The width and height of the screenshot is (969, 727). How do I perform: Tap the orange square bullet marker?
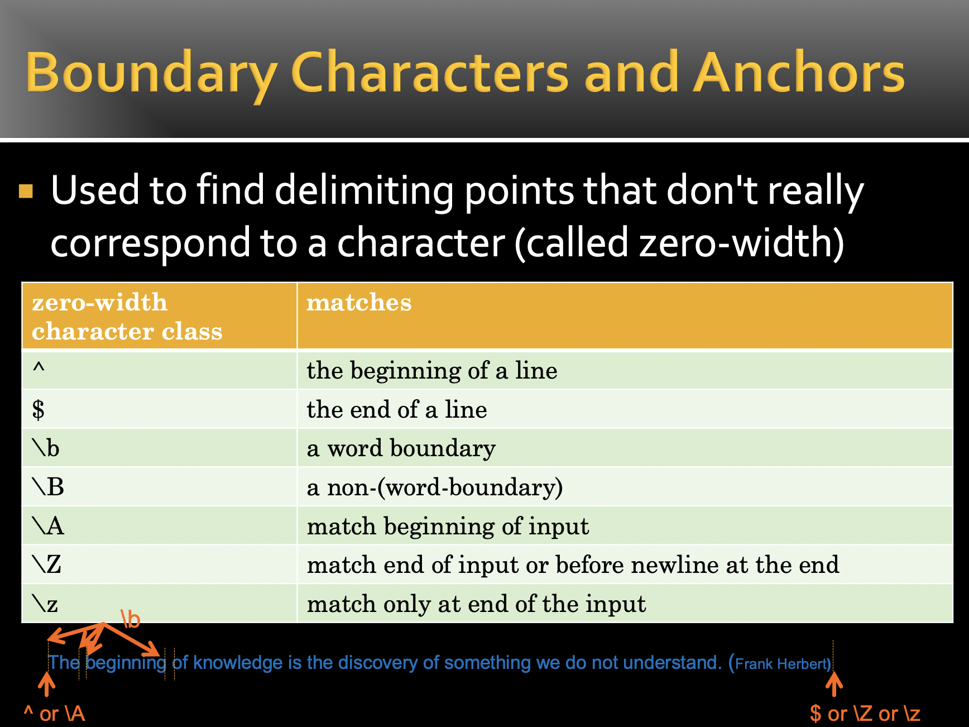click(x=26, y=192)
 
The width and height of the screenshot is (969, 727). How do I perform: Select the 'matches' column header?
click(x=625, y=316)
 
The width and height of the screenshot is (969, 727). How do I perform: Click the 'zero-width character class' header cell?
click(x=159, y=316)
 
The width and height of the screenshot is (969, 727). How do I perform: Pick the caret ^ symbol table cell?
click(x=159, y=370)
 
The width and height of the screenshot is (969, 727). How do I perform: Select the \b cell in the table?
click(x=159, y=448)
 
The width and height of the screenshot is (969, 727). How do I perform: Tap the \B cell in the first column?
click(x=159, y=487)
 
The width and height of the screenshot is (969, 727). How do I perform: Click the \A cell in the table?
click(x=159, y=525)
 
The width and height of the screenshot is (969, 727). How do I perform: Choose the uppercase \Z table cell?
click(x=159, y=565)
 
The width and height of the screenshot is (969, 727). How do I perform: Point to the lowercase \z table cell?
click(x=159, y=603)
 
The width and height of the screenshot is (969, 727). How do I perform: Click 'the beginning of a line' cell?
click(x=625, y=370)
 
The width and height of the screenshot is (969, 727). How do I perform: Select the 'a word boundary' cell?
click(x=625, y=448)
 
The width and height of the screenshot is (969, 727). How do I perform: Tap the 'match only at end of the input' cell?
click(x=625, y=603)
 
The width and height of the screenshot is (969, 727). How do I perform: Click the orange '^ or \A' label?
click(x=54, y=714)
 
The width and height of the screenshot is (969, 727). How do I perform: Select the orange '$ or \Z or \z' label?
click(x=865, y=714)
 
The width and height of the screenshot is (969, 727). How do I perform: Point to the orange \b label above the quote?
click(x=131, y=619)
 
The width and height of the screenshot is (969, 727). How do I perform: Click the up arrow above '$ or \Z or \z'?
click(x=834, y=685)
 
